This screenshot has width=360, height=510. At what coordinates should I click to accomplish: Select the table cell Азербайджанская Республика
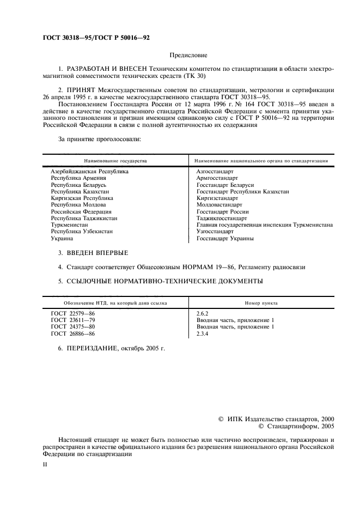point(86,172)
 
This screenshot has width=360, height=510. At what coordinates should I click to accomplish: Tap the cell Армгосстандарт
point(217,178)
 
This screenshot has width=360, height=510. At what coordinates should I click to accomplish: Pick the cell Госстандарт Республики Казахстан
point(242,192)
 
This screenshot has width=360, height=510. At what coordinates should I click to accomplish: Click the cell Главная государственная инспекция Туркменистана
point(265,224)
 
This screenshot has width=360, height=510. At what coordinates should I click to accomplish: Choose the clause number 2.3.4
point(203,333)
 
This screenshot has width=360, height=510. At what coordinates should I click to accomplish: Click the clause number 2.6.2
point(203,313)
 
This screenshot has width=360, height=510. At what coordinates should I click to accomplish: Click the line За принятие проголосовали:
point(100,139)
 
